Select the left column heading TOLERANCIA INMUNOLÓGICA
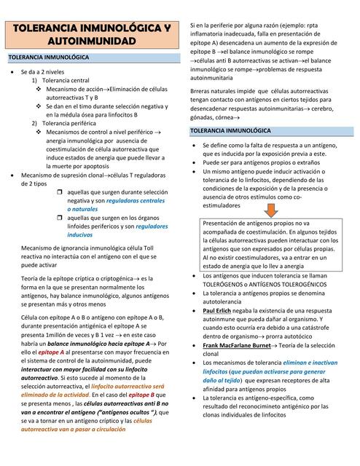point(48,57)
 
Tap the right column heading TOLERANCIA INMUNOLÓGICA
point(230,131)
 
